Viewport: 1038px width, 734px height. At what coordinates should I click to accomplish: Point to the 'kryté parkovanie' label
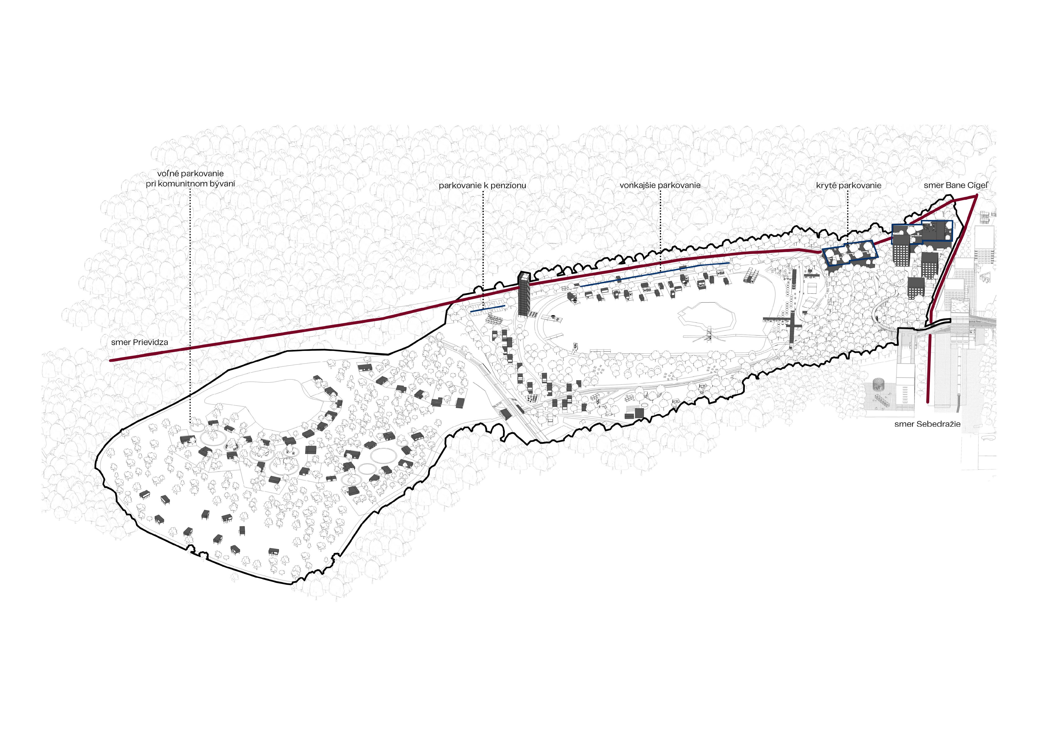click(x=849, y=185)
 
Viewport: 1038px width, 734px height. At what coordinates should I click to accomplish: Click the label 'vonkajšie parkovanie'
click(x=660, y=185)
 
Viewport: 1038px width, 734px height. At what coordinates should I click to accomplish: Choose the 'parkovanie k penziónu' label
click(x=482, y=185)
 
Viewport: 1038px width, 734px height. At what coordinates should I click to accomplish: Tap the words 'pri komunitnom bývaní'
click(x=190, y=184)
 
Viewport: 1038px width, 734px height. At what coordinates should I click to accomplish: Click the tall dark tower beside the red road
click(x=524, y=294)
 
